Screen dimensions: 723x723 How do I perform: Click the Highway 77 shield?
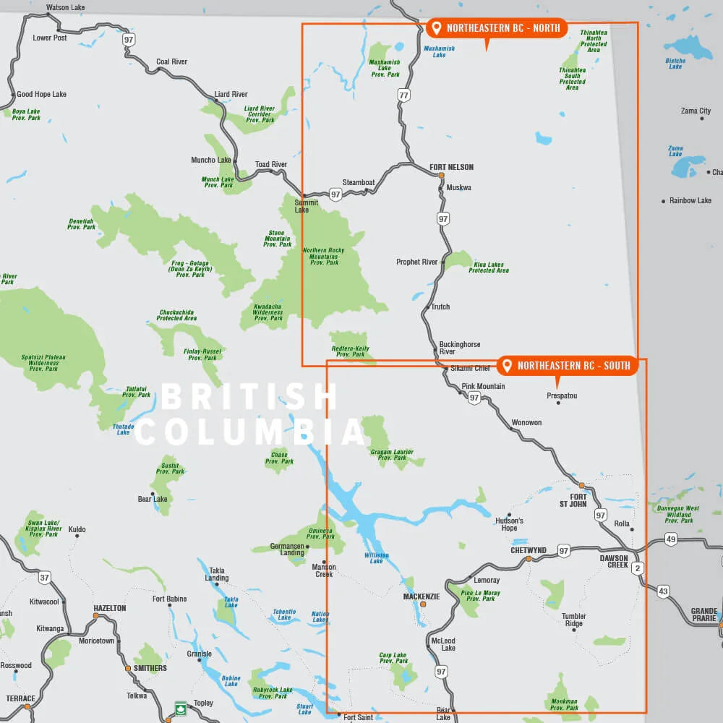[x=403, y=95]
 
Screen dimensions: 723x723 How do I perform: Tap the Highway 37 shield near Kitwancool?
[x=45, y=577]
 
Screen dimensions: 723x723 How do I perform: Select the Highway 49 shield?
[x=671, y=539]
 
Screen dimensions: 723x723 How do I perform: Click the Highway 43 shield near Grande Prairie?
[x=664, y=591]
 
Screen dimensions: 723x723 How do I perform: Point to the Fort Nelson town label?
[x=451, y=167]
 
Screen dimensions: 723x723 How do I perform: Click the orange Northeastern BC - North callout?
[x=497, y=28]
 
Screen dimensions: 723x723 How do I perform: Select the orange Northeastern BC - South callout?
[x=567, y=366]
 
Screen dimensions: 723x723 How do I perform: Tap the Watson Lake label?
[x=65, y=8]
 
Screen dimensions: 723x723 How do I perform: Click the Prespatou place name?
[x=562, y=395]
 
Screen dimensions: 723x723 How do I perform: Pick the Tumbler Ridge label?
[x=573, y=620]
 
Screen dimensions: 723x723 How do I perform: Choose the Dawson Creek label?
[x=614, y=561]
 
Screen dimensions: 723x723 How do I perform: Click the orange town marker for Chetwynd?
[x=529, y=559]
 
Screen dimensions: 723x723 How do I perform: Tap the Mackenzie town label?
[x=421, y=596]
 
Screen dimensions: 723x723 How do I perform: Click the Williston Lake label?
[x=377, y=557]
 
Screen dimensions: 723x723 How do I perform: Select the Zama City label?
[x=696, y=111]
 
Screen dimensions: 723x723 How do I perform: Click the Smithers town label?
[x=150, y=668]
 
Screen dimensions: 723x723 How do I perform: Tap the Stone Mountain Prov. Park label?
[x=278, y=239]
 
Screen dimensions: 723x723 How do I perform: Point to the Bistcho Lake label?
[x=675, y=64]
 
